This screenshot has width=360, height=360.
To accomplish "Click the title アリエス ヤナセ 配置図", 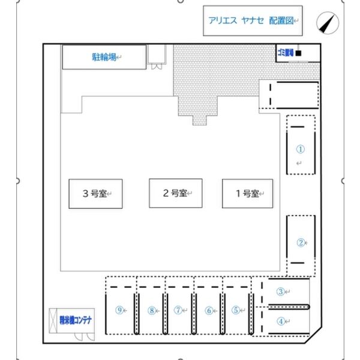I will tap(251, 21).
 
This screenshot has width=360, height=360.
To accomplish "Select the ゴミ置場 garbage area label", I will tap(285, 53).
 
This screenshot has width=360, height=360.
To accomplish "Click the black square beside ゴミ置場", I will tap(298, 53).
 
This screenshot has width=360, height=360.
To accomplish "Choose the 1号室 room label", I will tap(247, 194).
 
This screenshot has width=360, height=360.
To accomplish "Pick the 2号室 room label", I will tap(175, 193).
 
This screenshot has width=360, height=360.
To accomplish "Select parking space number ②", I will tap(301, 243).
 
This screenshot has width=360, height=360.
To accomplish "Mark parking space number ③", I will tap(280, 292).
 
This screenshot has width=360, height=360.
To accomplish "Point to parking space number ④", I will tap(280, 320).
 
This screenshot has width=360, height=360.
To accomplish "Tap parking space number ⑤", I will tap(236, 310).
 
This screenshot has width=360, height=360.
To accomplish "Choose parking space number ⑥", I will tap(209, 310).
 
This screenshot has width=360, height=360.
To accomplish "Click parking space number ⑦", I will tap(178, 310).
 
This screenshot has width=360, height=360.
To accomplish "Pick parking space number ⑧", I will tap(152, 310).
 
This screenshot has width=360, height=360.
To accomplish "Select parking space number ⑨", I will tap(120, 310).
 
